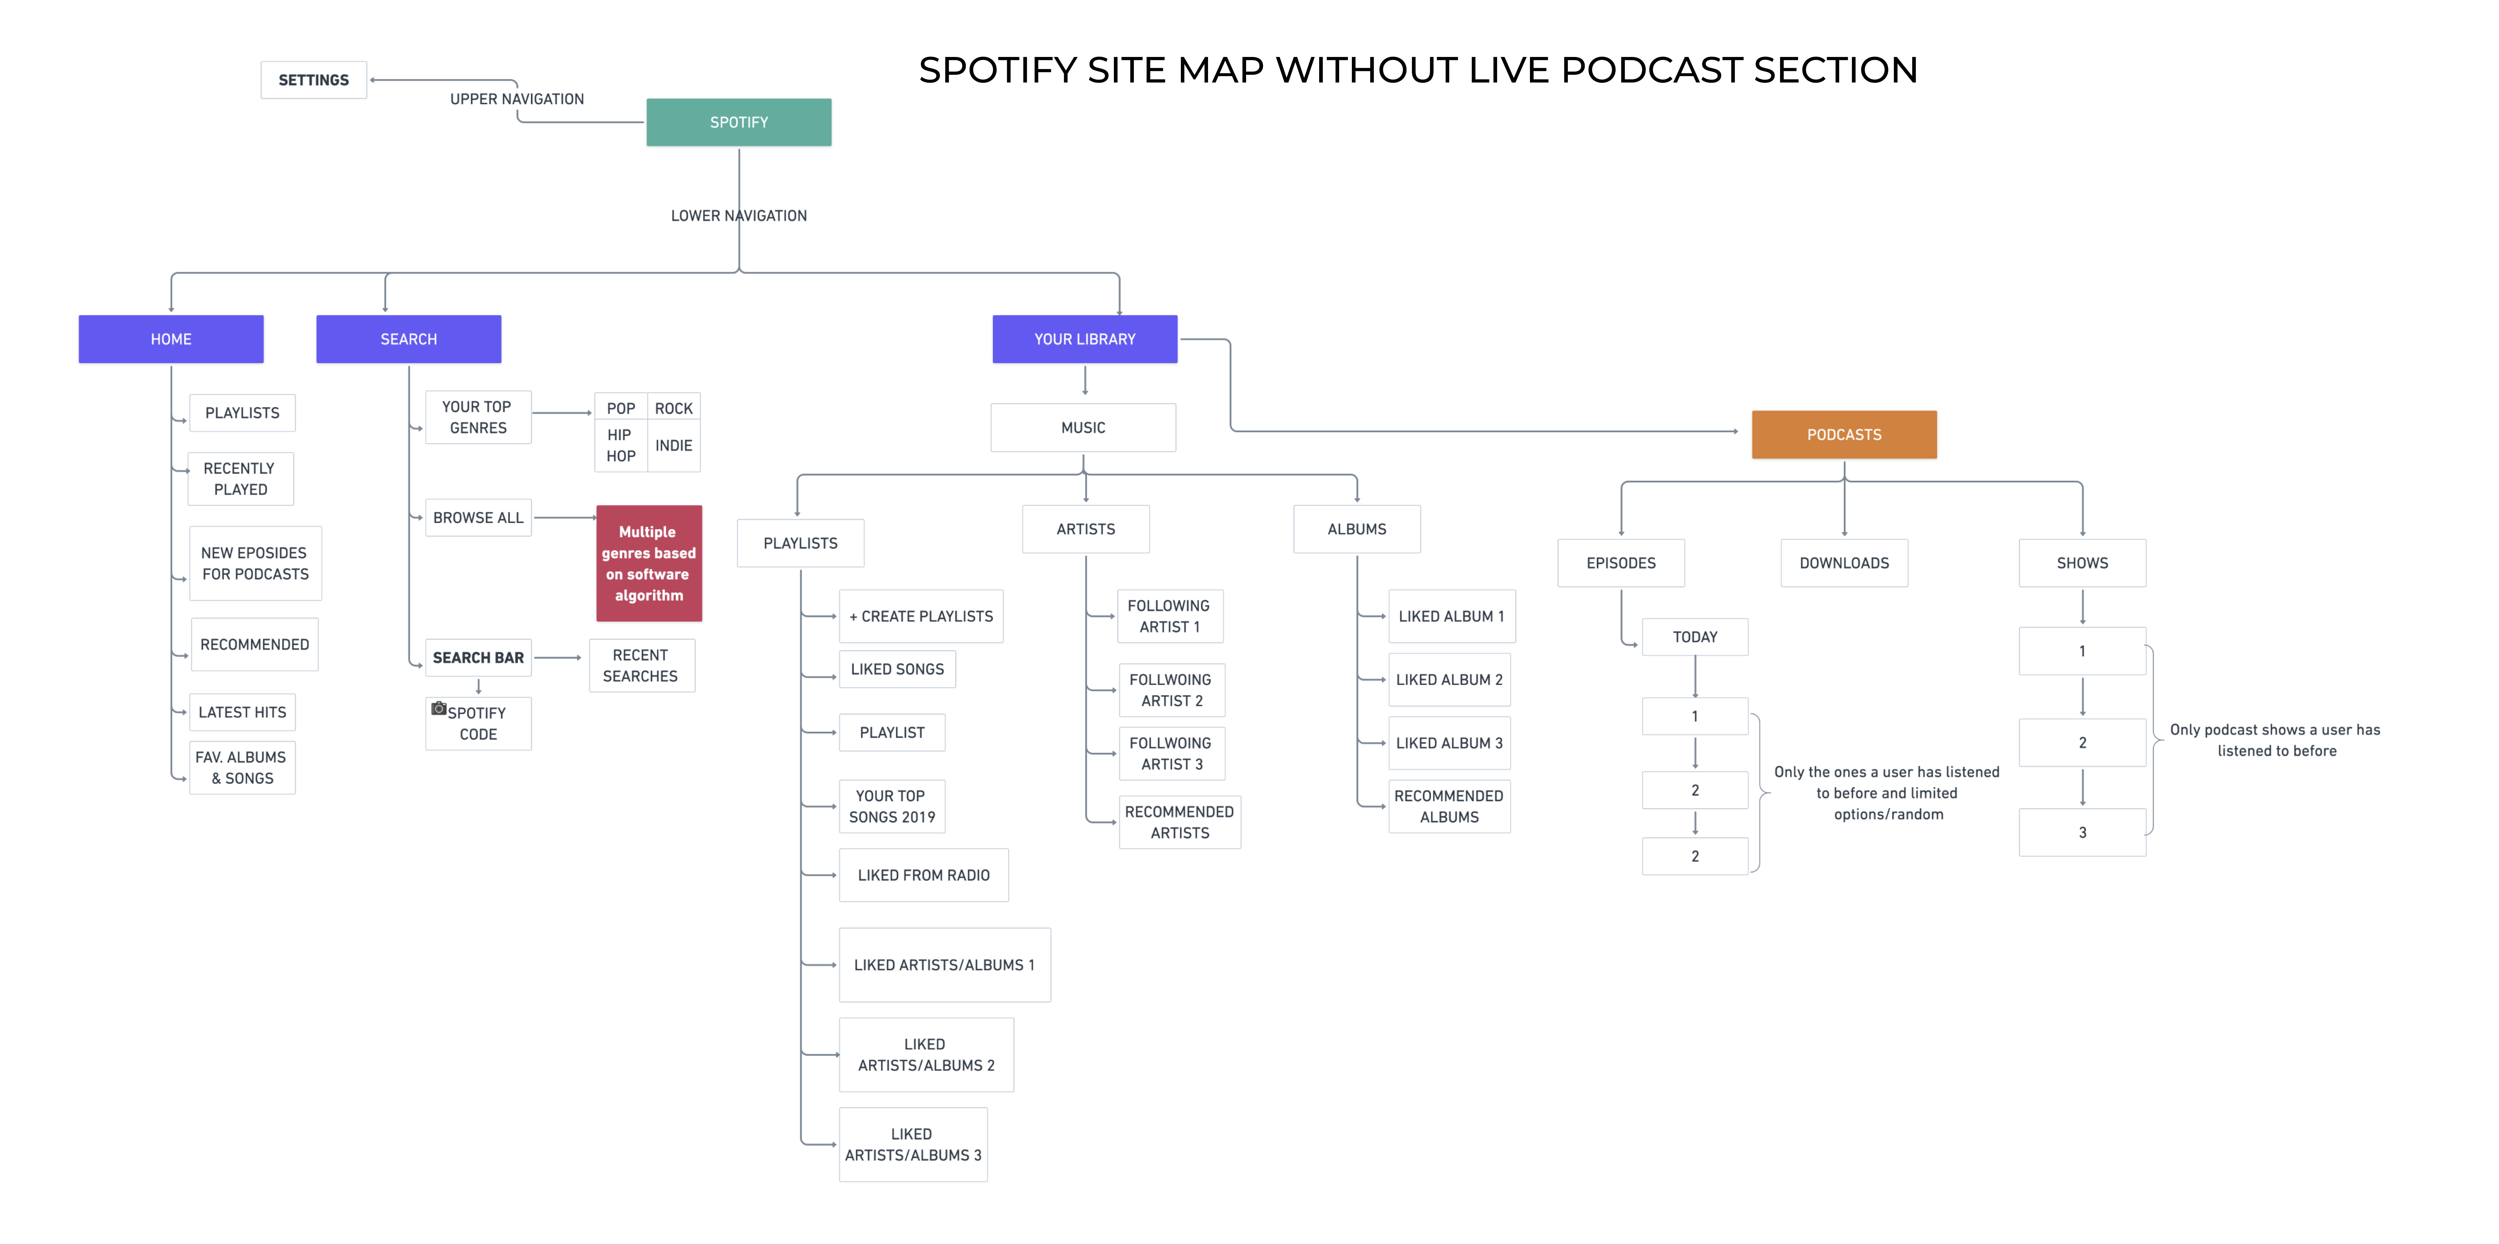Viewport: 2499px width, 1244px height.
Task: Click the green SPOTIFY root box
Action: (738, 122)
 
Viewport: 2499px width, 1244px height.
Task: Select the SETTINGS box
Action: (313, 80)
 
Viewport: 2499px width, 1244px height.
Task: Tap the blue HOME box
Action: (171, 339)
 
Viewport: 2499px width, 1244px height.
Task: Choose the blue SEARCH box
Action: (408, 339)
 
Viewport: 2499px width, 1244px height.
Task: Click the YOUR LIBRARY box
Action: (1085, 339)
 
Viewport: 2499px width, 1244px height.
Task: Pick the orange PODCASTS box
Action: (1843, 435)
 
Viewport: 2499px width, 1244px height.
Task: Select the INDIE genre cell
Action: (673, 446)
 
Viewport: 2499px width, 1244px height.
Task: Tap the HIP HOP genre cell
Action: (621, 446)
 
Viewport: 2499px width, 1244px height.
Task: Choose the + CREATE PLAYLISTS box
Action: (921, 616)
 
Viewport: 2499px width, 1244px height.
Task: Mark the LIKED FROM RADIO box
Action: (924, 875)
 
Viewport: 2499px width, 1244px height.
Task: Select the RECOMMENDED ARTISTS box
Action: (1180, 822)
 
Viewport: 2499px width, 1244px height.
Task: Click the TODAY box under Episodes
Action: (1695, 637)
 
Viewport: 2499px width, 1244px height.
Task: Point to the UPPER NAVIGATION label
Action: (517, 99)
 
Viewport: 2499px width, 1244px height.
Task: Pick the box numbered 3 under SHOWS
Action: (2082, 832)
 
